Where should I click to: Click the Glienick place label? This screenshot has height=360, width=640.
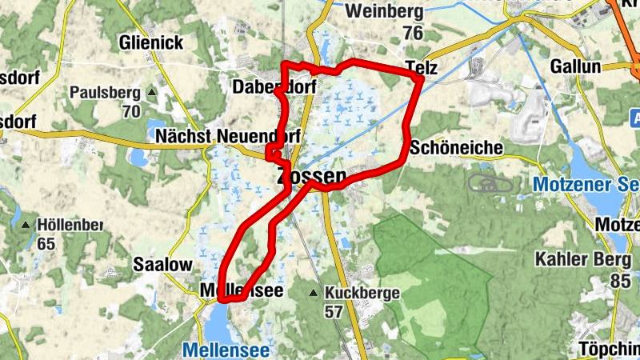tap(152, 42)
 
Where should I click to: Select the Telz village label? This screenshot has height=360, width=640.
tap(422, 67)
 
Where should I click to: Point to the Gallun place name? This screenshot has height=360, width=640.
tap(574, 66)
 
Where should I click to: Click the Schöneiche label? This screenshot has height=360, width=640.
tap(455, 148)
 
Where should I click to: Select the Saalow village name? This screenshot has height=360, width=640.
tap(163, 264)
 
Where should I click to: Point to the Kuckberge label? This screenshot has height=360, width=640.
tap(362, 293)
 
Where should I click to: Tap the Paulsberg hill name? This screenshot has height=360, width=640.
tap(104, 93)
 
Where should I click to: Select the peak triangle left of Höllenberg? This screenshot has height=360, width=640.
tap(26, 226)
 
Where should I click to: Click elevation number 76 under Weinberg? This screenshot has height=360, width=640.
tap(413, 33)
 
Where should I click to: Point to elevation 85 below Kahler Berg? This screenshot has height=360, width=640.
tap(621, 281)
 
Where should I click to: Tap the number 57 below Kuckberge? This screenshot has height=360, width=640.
tap(334, 312)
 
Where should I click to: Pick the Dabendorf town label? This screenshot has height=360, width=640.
tap(274, 87)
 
